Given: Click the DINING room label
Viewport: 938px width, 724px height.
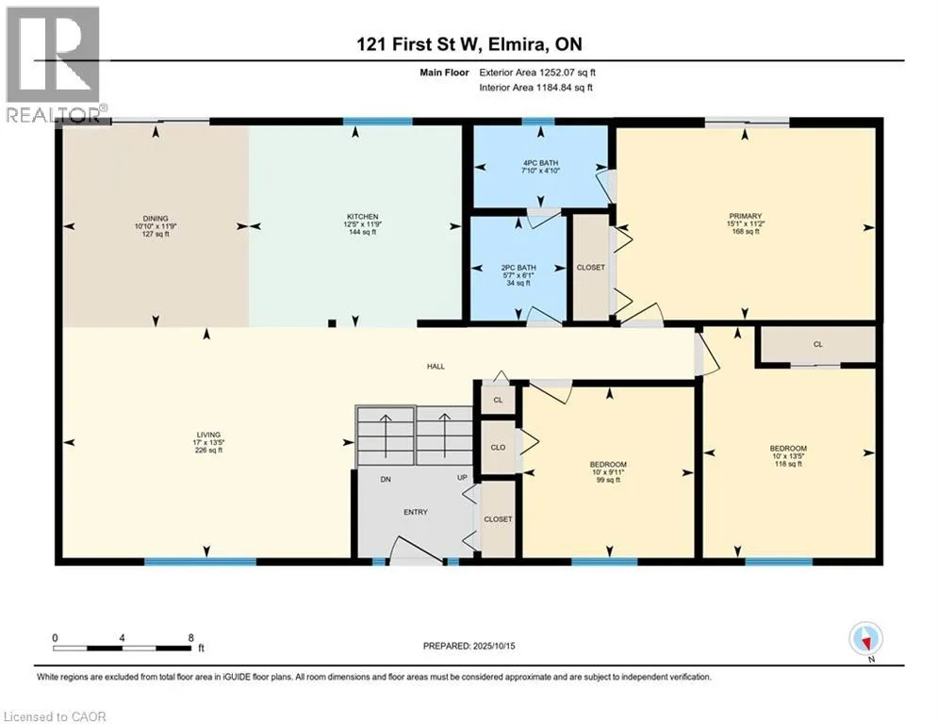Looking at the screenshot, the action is (x=156, y=219).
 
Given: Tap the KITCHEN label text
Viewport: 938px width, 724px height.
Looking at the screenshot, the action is (x=363, y=217).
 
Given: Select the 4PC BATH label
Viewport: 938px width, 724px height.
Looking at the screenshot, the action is (x=540, y=163).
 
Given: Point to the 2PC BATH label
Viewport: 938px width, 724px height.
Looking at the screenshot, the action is (x=518, y=268).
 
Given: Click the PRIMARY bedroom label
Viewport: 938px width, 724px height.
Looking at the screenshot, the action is (x=746, y=216).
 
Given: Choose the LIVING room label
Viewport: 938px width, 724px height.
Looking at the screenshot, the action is (x=208, y=435).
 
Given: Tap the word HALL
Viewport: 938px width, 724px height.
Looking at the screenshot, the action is (x=436, y=366).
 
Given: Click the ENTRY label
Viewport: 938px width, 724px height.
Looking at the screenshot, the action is (x=416, y=512).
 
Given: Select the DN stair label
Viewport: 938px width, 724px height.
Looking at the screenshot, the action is (x=386, y=479).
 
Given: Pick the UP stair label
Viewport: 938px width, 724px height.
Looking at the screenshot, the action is (x=462, y=477).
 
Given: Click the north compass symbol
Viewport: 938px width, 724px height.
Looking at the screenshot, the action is (x=865, y=640).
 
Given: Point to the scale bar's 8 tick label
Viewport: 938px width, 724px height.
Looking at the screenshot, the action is (x=190, y=638).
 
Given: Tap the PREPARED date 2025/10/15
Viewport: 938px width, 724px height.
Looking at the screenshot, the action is (x=494, y=646).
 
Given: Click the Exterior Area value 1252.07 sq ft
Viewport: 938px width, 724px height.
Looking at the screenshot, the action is (x=568, y=73).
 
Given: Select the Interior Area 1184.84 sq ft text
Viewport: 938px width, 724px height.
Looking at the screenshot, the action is (x=536, y=88).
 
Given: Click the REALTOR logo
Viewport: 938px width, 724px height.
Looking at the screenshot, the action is (x=53, y=64).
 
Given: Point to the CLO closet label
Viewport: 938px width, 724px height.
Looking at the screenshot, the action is (x=498, y=448).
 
